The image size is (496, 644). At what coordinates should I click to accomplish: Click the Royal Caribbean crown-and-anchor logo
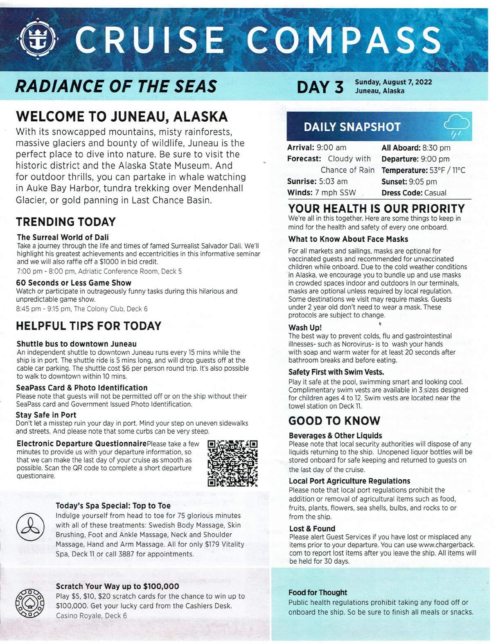point(40,40)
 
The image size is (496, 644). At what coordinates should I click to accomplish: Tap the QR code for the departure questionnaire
point(232,463)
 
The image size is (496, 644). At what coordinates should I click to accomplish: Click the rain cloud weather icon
point(457,126)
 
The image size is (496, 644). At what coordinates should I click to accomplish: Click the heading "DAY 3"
point(320,87)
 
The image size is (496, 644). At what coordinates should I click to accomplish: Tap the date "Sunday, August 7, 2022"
point(393,82)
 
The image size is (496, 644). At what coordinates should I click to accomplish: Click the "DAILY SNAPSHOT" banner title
point(352,127)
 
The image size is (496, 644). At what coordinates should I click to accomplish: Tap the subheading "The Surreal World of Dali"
point(63,237)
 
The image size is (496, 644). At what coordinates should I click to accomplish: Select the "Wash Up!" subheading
point(305,327)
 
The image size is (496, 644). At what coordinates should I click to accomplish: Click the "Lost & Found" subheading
point(312,528)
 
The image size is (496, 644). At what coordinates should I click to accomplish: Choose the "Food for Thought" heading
point(318,592)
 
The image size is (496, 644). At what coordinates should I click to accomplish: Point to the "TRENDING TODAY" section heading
point(66,222)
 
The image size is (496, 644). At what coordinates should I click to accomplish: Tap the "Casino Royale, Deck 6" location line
point(91,615)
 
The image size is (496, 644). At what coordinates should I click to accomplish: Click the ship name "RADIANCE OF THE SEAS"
point(116,86)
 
